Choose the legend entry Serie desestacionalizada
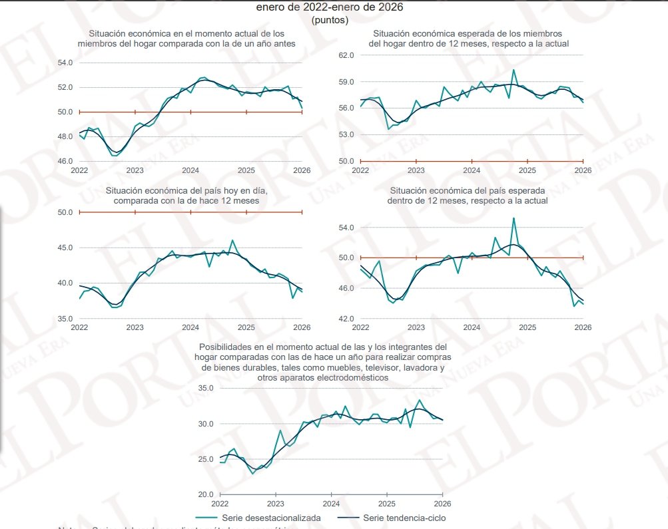[280, 518]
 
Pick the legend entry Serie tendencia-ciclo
[404, 518]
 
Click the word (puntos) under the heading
[330, 20]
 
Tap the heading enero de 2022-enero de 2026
[330, 7]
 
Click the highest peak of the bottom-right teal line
[513, 218]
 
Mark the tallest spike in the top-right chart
[513, 70]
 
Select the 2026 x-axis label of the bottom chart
[443, 504]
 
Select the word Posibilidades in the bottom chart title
[224, 347]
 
